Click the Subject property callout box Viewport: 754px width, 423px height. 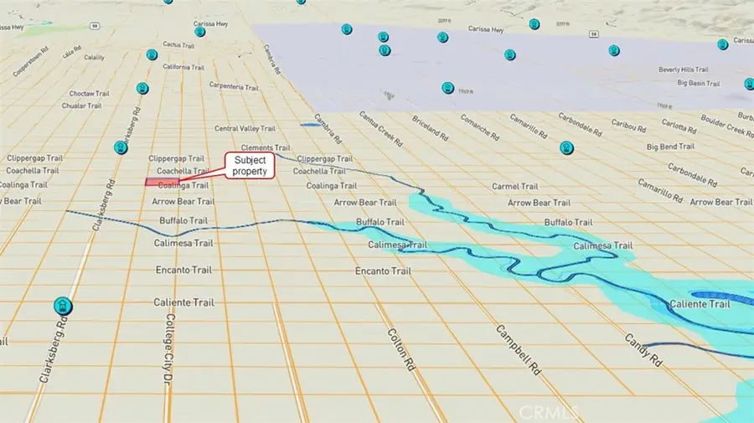250,165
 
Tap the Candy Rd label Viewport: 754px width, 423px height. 644,350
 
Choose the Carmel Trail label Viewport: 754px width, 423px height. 514,186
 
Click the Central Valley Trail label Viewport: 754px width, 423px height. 245,129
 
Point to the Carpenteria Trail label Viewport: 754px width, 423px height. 215,85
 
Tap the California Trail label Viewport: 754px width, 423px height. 183,67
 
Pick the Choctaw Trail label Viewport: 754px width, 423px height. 90,94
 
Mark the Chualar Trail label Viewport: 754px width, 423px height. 82,106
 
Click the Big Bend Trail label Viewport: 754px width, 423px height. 671,146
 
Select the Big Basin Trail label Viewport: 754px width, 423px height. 699,84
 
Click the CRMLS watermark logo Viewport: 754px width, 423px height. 546,411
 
